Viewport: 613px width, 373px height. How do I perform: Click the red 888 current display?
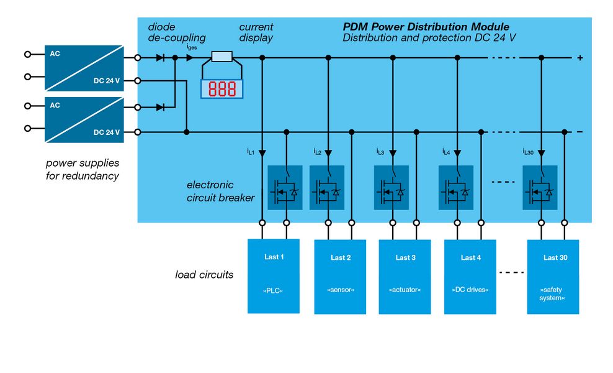point(221,89)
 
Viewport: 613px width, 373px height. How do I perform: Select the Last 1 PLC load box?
point(274,275)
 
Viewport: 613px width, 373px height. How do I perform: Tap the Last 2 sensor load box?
point(340,275)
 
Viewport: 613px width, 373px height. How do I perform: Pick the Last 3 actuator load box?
point(405,275)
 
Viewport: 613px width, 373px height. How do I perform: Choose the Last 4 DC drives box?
point(470,275)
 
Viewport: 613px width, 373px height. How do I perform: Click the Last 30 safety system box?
point(553,275)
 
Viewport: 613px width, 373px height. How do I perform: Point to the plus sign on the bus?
point(580,58)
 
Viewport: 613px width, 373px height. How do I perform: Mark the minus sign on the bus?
point(580,132)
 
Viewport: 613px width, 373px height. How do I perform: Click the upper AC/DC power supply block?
point(84,67)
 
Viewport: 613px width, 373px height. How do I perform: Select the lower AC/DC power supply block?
point(84,120)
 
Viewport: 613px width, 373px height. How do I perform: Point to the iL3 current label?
point(380,152)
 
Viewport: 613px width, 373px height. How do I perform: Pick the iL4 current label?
point(445,152)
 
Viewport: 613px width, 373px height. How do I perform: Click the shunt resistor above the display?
point(221,57)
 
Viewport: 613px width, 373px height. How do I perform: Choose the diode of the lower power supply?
point(160,107)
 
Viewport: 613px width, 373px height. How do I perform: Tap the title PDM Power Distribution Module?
point(426,27)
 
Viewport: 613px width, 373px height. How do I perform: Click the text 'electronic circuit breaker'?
point(220,191)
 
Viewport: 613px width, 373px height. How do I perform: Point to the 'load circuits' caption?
point(204,274)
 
